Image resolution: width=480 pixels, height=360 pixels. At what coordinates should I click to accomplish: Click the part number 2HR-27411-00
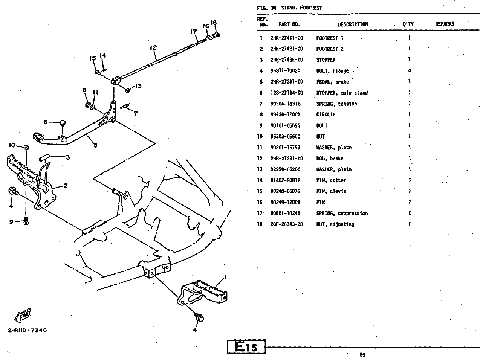point(286,38)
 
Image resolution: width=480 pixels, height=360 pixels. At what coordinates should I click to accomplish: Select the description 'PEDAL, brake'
point(332,82)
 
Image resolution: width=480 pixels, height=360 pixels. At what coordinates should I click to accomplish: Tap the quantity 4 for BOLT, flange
point(409,71)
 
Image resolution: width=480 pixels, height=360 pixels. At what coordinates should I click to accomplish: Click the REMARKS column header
point(445,24)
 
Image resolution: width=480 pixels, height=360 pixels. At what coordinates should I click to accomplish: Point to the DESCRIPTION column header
point(353,24)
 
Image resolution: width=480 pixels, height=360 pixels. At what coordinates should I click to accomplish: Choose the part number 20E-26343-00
point(286,224)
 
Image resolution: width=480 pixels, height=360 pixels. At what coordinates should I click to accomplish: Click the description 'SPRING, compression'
point(342,214)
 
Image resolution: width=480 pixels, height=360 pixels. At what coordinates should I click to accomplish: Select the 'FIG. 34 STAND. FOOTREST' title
point(289,8)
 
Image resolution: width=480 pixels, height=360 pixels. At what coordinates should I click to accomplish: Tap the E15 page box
point(246,346)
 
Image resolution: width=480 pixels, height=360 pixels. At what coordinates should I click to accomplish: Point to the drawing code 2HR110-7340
point(27,331)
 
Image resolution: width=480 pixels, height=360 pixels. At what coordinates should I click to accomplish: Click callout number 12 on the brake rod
point(153,48)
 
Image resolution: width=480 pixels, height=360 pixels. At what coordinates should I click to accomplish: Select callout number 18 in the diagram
point(214,23)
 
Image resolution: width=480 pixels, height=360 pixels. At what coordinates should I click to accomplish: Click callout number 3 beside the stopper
point(68,157)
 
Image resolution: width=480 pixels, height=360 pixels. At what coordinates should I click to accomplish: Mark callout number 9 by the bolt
point(11,222)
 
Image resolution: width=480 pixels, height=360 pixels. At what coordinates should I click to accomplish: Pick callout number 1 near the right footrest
point(225,278)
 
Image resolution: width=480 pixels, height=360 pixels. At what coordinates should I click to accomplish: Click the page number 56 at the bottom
point(362,354)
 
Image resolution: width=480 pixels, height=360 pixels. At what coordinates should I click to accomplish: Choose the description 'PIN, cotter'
point(331,181)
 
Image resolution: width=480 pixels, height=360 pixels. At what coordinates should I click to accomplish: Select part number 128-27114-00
point(286,93)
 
